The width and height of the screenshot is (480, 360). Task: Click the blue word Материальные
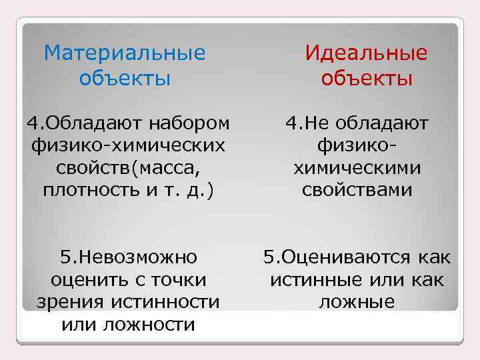(125, 53)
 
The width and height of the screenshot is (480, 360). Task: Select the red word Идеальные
(366, 53)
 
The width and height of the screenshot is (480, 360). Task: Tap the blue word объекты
(125, 79)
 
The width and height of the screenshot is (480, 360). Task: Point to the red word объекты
(366, 79)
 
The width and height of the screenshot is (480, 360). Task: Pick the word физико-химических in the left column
(127, 145)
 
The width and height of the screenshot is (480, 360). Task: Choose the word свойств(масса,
(127, 168)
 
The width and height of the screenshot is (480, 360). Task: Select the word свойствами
(357, 191)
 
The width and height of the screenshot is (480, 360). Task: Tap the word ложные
(357, 302)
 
